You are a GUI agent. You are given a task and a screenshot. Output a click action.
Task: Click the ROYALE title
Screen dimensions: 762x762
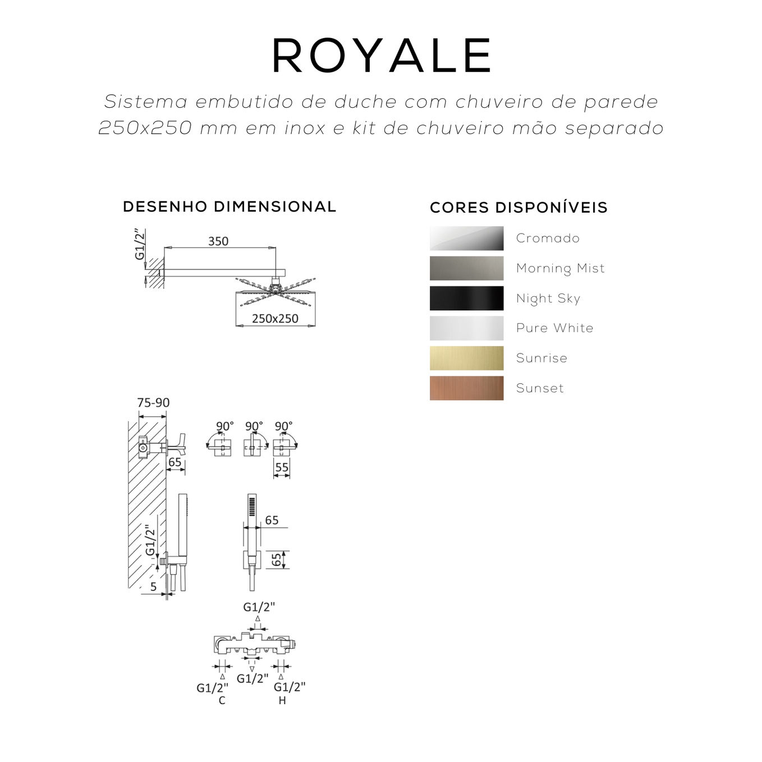point(382,56)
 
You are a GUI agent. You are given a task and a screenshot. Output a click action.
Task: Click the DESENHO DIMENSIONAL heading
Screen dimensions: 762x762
point(229,207)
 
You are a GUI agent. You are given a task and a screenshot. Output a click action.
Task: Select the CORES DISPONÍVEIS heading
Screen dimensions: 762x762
point(518,208)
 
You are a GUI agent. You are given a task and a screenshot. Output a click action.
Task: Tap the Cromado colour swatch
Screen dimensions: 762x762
point(466,238)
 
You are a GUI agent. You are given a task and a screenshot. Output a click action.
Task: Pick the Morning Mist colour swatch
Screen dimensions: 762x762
point(466,268)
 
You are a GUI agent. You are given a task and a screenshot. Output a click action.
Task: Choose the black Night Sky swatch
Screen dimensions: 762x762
point(466,299)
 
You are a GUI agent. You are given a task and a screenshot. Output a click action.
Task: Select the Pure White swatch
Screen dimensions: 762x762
point(466,328)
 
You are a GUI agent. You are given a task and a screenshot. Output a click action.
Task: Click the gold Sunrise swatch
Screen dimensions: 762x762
point(466,359)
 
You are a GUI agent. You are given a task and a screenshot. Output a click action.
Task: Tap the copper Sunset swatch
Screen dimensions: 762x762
point(466,388)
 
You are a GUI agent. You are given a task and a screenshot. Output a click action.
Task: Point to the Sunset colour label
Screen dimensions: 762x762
point(540,388)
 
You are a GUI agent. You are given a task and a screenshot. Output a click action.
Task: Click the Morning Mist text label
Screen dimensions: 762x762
point(560,268)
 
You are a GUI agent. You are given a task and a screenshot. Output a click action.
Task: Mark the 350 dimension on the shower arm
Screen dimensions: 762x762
point(218,241)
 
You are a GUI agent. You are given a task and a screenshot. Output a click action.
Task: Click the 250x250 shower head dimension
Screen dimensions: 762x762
point(275,319)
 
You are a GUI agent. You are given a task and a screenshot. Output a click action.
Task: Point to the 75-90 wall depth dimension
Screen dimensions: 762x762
point(153,403)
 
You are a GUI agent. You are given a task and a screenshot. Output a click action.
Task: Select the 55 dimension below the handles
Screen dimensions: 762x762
point(282,467)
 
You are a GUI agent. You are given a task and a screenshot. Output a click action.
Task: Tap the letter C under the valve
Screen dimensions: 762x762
point(222,701)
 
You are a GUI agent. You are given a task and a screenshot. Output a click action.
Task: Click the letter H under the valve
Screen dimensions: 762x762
point(282,701)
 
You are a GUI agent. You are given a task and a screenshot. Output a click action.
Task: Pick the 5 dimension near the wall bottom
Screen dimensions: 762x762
point(153,587)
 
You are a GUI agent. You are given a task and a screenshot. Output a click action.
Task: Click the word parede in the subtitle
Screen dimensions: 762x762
point(621,102)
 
